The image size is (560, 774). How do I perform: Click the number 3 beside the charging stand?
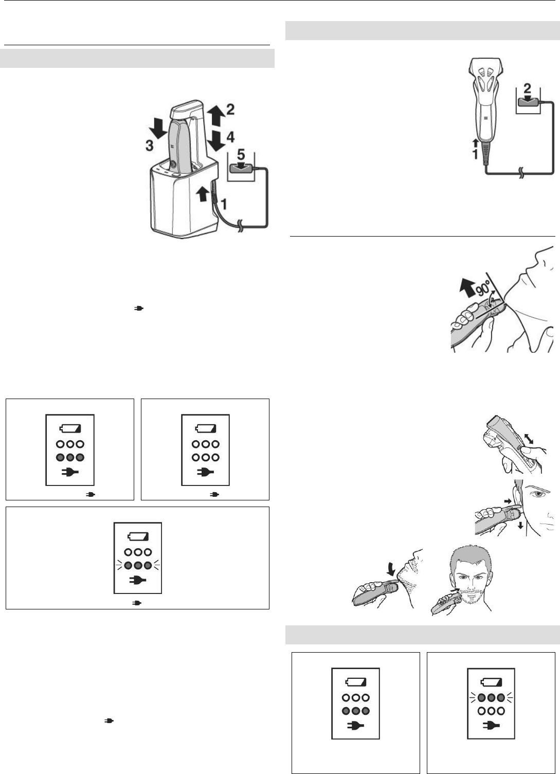tap(149, 146)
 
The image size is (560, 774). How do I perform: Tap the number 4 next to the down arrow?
tap(230, 137)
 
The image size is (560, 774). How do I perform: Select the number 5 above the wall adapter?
tap(241, 154)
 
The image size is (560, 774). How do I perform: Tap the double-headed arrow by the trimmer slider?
tap(529, 439)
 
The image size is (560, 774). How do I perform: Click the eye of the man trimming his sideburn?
tap(537, 495)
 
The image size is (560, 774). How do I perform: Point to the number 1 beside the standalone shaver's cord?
tap(475, 154)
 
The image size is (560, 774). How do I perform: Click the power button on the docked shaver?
tap(172, 164)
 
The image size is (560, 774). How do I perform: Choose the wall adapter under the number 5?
tap(242, 167)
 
